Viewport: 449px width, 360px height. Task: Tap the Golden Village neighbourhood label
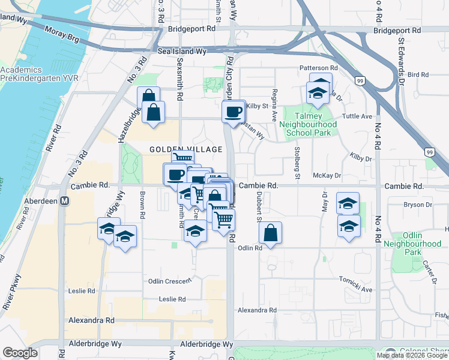(x=174, y=148)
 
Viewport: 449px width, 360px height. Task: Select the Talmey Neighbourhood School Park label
(x=309, y=124)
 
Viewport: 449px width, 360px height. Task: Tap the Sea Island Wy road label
(x=177, y=52)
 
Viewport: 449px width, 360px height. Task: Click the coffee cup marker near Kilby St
(x=233, y=112)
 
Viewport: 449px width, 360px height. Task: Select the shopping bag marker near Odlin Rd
(x=271, y=233)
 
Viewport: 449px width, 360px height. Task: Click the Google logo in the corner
(x=20, y=353)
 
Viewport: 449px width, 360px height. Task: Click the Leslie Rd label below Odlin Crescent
(x=172, y=299)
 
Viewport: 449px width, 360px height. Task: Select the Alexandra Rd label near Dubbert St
(x=256, y=310)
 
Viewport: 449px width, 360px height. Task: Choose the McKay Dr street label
(x=327, y=176)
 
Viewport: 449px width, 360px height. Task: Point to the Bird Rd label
(x=418, y=75)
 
